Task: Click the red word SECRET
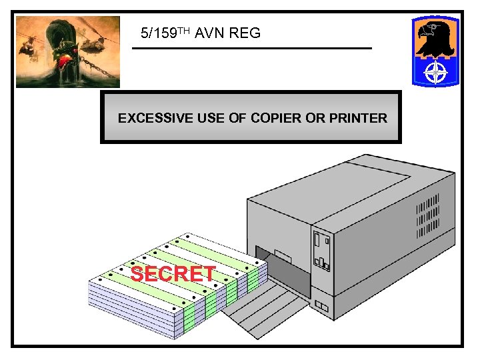pos(173,274)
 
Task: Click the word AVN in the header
pos(210,33)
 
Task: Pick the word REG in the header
pos(245,33)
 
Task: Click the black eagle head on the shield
pos(433,37)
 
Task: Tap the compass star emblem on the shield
pos(436,73)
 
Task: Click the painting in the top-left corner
pos(68,52)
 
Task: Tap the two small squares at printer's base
pos(322,307)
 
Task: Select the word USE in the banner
pos(211,119)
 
